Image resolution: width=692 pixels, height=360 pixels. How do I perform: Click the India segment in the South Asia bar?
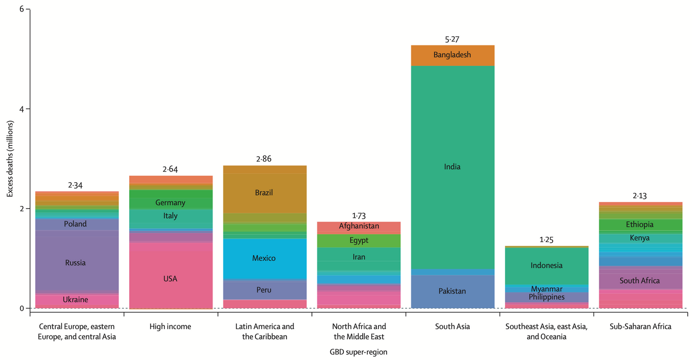(x=453, y=166)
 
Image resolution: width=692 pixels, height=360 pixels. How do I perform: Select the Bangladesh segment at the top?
(x=453, y=55)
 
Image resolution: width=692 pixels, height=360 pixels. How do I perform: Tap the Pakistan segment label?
(x=453, y=291)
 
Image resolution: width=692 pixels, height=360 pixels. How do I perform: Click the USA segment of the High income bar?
(x=170, y=279)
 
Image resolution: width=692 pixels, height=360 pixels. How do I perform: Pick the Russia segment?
(x=76, y=263)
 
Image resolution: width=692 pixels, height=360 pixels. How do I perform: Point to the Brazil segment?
(x=264, y=192)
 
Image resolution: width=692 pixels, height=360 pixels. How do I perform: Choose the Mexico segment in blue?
(x=264, y=258)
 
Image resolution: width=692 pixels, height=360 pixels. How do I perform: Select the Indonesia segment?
(x=547, y=265)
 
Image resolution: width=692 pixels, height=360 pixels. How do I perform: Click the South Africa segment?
(x=640, y=281)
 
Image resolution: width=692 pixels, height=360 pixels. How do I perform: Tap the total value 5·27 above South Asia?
(x=453, y=39)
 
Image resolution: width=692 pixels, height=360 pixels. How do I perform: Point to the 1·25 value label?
(x=547, y=239)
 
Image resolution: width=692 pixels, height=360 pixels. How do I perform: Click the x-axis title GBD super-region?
(x=358, y=352)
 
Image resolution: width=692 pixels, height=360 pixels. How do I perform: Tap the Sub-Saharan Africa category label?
(x=640, y=326)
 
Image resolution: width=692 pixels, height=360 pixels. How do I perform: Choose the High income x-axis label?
(x=170, y=326)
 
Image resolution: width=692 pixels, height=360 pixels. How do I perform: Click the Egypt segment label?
(x=358, y=241)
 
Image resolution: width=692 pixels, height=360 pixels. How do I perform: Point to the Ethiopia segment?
(x=640, y=224)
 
